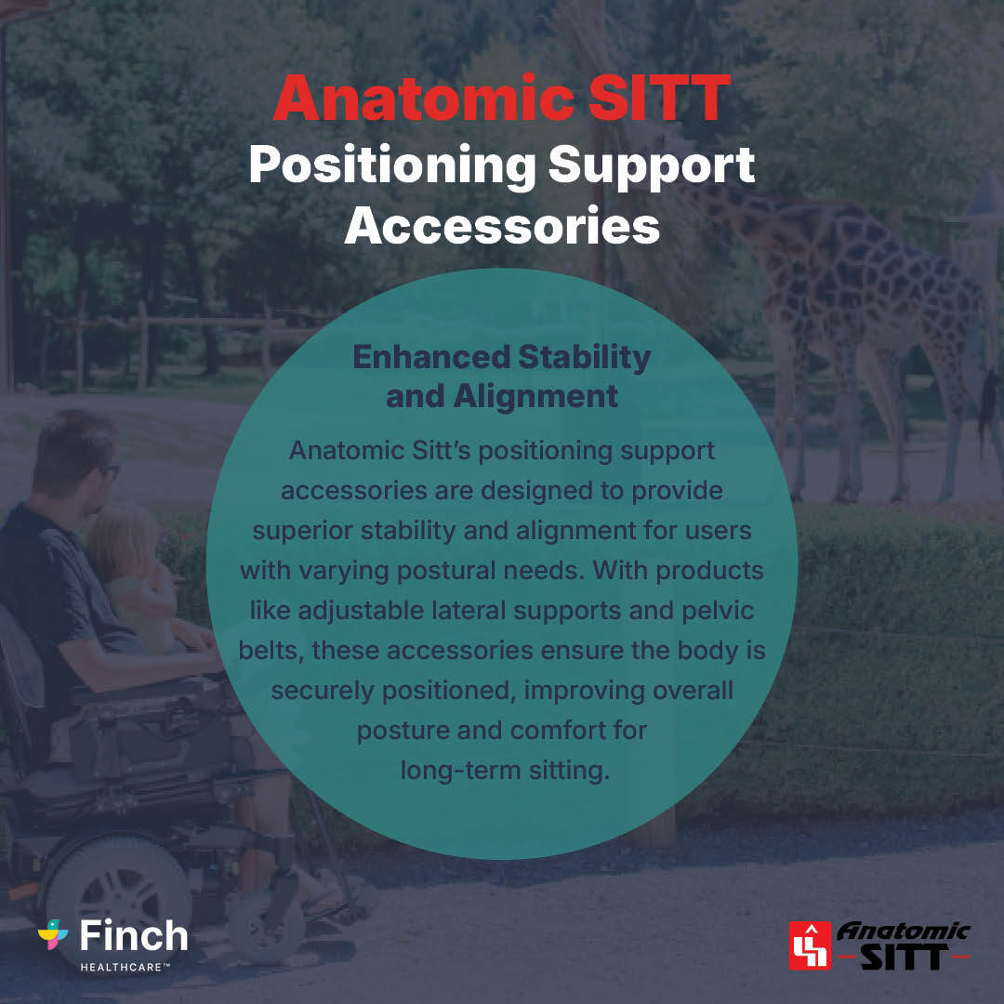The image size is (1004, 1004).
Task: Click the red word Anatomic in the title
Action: pos(422,99)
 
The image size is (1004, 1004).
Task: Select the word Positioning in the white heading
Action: pos(391,165)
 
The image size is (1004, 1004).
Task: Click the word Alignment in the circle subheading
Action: pos(535,396)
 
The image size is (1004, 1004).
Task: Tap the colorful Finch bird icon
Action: pos(53,934)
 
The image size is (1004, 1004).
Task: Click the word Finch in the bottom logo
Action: pos(134,935)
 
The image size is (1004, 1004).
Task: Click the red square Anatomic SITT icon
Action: pos(810,945)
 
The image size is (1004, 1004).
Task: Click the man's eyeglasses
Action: pos(109,470)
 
